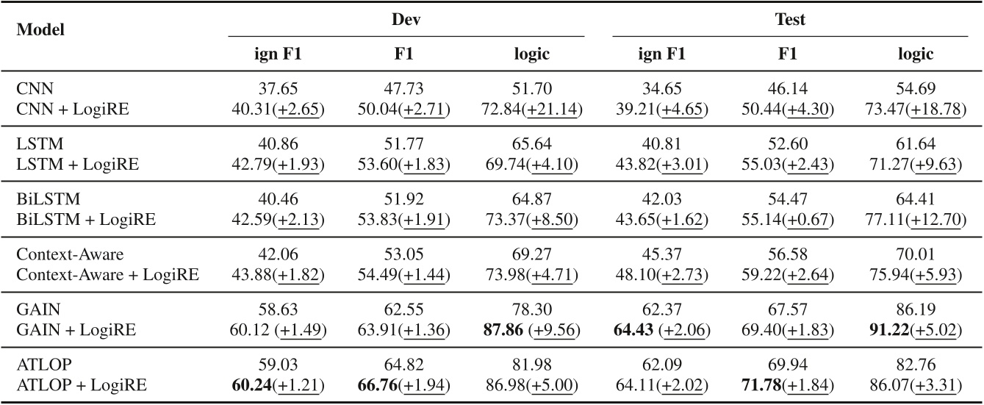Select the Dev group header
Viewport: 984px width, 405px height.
coord(406,20)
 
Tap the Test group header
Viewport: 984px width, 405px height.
coord(790,20)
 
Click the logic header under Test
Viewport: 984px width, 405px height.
coord(915,54)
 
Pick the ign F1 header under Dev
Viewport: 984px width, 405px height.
coord(277,54)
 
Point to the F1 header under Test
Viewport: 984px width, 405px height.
coord(790,54)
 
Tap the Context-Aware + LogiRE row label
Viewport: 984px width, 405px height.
coord(107,275)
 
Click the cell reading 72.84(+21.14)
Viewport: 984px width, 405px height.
coord(534,110)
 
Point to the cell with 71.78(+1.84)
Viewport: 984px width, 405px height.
coord(790,384)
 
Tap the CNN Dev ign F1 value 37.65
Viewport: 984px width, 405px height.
coord(277,88)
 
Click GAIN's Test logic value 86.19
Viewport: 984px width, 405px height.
coord(915,308)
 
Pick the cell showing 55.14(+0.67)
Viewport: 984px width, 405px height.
coord(790,220)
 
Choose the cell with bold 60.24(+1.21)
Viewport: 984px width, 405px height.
coord(277,384)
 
